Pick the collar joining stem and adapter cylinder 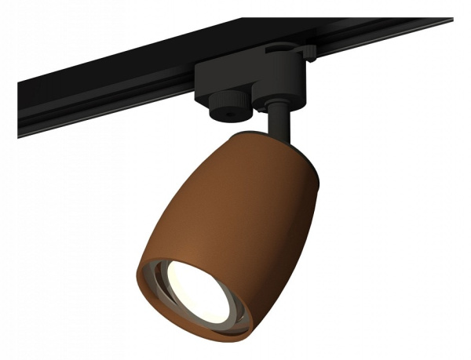(279, 104)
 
